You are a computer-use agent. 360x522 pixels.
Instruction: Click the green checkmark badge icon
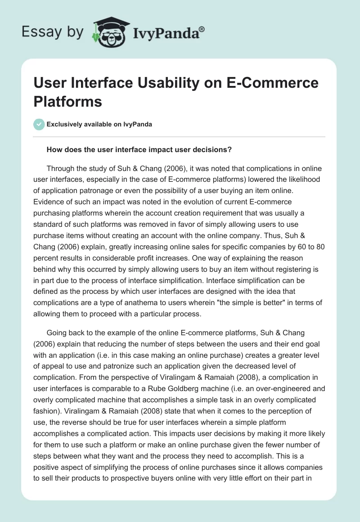39,124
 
